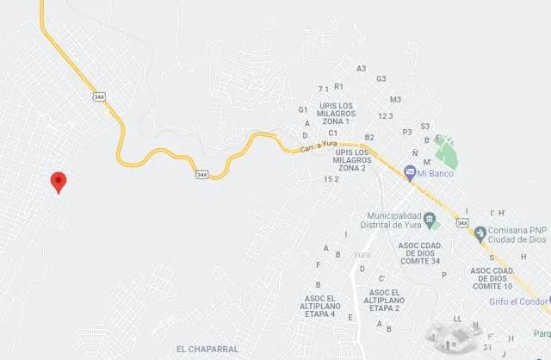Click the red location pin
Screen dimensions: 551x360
pyautogui.click(x=59, y=181)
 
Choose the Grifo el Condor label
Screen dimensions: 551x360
pyautogui.click(x=517, y=301)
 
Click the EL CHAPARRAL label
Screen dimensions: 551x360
pyautogui.click(x=205, y=349)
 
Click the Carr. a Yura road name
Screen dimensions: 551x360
pyautogui.click(x=318, y=149)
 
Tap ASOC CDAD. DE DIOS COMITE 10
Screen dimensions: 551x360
pyautogui.click(x=492, y=277)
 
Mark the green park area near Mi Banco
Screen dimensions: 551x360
pyautogui.click(x=447, y=153)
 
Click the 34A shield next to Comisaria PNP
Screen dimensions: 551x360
pyautogui.click(x=462, y=224)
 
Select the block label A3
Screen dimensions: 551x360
pyautogui.click(x=361, y=68)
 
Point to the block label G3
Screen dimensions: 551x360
pyautogui.click(x=381, y=78)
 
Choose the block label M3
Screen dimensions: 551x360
pyautogui.click(x=395, y=100)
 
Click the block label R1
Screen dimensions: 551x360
pyautogui.click(x=338, y=86)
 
